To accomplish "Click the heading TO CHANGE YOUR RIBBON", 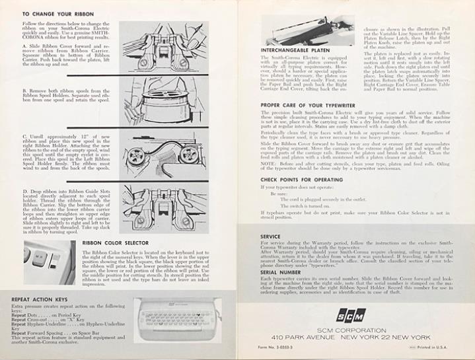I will (x=59, y=13).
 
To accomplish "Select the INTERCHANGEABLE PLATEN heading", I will (x=295, y=50).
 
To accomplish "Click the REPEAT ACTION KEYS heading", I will (x=40, y=299).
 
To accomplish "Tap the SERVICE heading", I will (x=271, y=236).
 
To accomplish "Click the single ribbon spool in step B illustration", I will (x=173, y=108).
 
